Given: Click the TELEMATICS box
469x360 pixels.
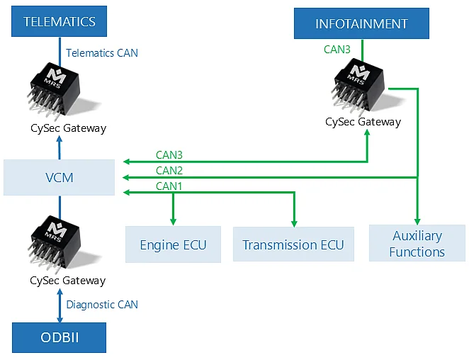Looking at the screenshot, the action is point(60,21).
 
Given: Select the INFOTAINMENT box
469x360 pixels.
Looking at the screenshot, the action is point(361,23).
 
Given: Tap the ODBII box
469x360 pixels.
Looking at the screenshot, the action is point(60,337).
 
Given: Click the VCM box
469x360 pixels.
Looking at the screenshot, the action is point(60,177).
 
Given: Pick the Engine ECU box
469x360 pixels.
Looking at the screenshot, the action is point(173,244).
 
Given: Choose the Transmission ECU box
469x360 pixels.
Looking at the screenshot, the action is point(293,244).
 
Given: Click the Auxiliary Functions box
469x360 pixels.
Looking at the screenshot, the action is point(417,243).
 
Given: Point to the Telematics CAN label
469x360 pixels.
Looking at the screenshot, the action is point(102,53).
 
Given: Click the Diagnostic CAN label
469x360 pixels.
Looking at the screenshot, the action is point(102,305).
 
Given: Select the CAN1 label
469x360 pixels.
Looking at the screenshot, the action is point(169,186).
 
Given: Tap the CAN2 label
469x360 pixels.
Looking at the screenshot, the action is point(169,171).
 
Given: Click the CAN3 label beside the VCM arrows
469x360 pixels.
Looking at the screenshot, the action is point(169,155).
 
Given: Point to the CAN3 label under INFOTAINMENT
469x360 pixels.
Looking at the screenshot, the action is point(337,50).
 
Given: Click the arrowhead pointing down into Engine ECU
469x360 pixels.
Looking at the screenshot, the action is point(173,222).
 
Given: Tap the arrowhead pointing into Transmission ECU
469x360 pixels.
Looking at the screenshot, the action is point(294,223).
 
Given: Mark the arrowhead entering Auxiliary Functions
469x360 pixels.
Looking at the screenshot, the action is point(417,221).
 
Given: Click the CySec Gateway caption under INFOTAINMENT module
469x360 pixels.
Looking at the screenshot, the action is point(363,122).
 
